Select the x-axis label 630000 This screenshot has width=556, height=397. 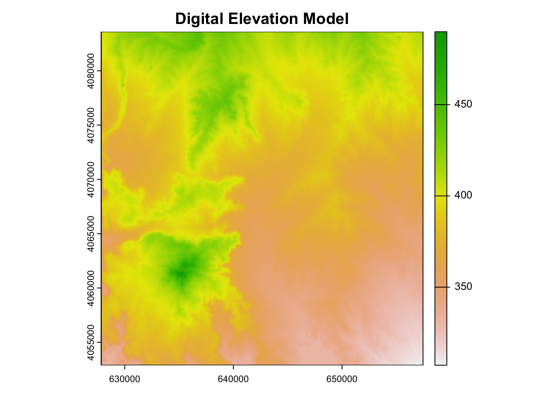pos(125,379)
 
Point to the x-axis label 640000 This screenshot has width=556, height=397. pos(233,379)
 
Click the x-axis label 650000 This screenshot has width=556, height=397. pos(342,379)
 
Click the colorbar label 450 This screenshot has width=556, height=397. pos(463,104)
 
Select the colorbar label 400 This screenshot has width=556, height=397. pos(463,195)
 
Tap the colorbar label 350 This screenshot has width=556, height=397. pos(463,287)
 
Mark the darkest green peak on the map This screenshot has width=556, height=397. pos(180,273)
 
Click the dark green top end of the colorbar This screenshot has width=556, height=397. pos(441,35)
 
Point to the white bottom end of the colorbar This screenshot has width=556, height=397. pos(441,362)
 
